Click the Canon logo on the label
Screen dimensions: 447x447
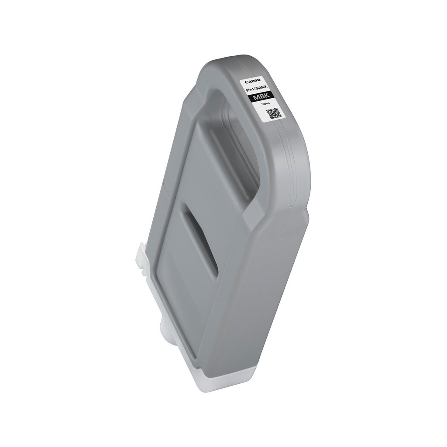pyautogui.click(x=252, y=81)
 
